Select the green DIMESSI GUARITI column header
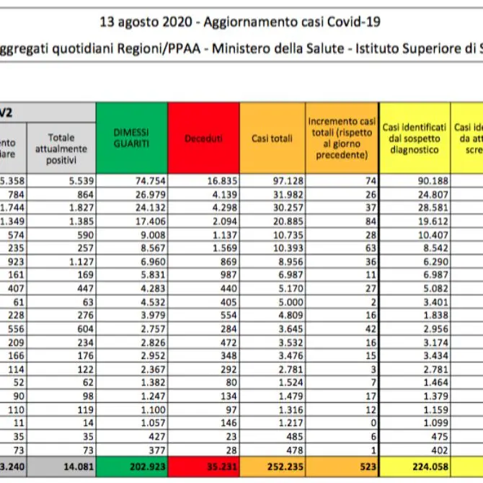pyautogui.click(x=131, y=138)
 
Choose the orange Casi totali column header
pyautogui.click(x=272, y=138)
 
